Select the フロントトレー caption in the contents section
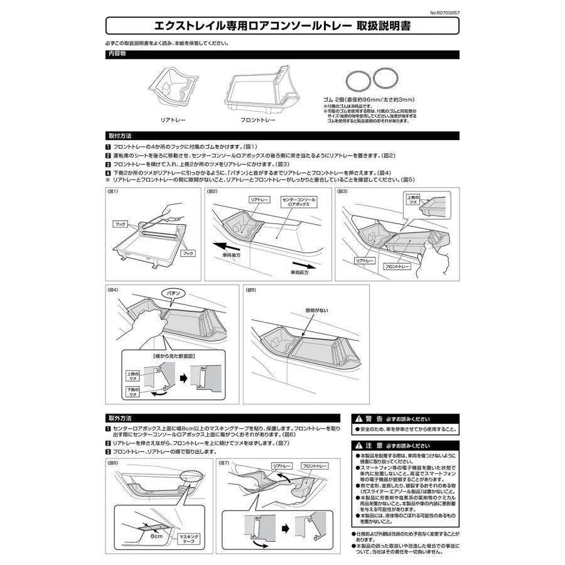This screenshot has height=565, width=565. [x=257, y=118]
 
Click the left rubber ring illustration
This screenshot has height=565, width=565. [x=358, y=80]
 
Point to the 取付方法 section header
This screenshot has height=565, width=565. [x=119, y=135]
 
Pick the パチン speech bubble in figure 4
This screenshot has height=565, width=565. [x=175, y=293]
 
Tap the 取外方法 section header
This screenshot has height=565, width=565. [x=119, y=417]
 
